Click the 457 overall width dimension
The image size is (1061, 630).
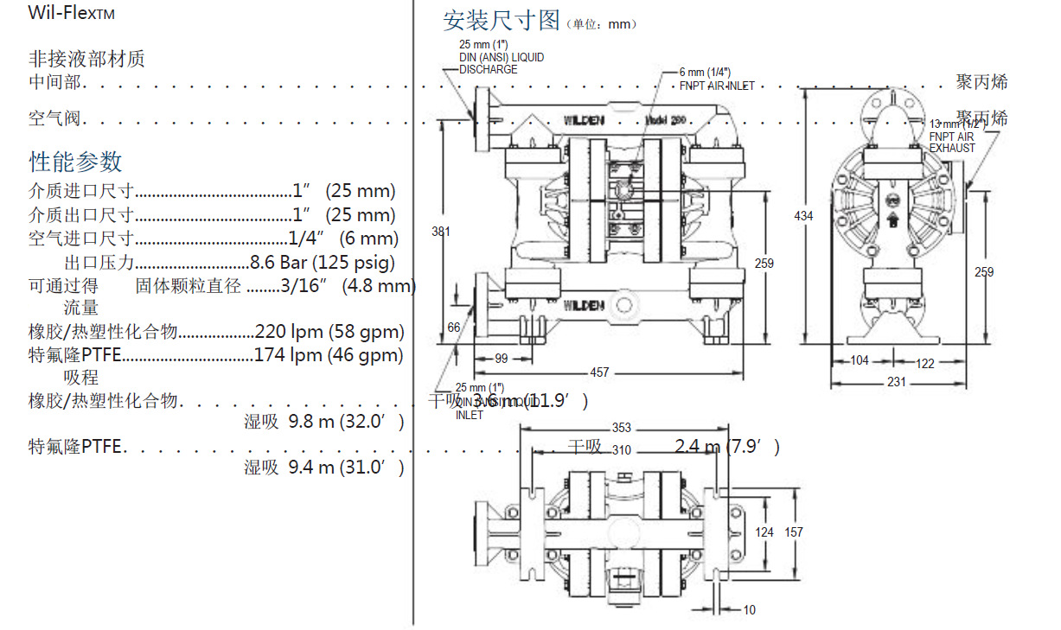(599, 372)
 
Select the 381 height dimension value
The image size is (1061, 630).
(441, 231)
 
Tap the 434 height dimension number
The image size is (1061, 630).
(803, 215)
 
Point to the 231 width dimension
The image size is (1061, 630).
(896, 381)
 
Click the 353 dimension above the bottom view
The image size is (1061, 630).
(621, 428)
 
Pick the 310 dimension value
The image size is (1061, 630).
(621, 449)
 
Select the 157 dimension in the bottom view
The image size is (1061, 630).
(793, 532)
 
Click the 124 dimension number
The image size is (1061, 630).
(764, 532)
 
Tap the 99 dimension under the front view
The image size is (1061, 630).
(501, 359)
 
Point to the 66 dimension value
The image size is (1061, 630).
(454, 328)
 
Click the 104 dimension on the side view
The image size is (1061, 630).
(859, 360)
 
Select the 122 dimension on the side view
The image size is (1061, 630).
(924, 363)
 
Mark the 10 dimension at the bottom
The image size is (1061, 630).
(749, 610)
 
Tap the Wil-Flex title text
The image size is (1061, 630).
(71, 14)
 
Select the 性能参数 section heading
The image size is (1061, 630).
(76, 162)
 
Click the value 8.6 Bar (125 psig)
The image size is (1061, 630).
(323, 263)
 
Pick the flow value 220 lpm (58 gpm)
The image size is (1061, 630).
(329, 331)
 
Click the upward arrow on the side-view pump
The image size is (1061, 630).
(892, 220)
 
